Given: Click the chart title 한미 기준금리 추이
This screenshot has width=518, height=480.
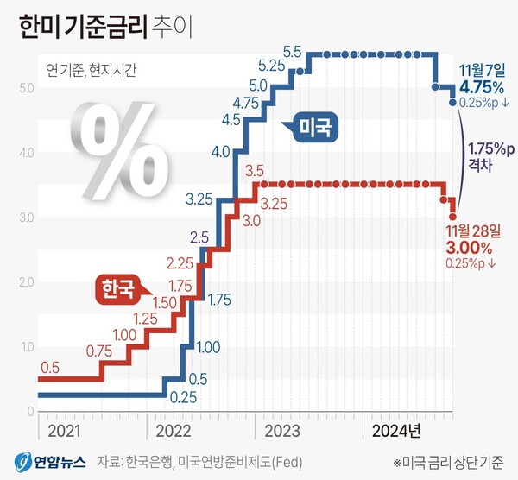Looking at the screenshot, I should coord(101,25).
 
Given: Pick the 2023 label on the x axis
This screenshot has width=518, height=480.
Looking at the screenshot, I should coord(281,429).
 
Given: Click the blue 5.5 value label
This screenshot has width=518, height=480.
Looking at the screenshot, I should coord(291,53).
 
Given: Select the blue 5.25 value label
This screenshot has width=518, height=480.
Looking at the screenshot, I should coord(272,66).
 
